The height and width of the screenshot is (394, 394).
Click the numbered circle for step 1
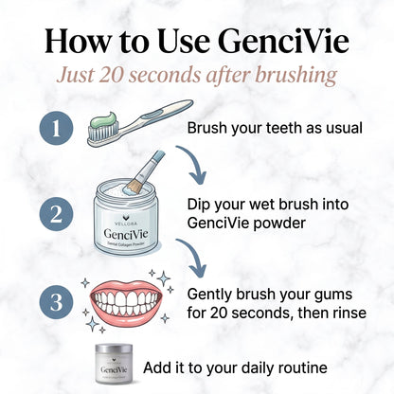click(56, 129)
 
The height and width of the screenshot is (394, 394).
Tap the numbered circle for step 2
click(56, 214)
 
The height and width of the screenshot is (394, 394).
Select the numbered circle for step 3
click(56, 302)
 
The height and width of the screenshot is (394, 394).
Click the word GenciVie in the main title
click(283, 42)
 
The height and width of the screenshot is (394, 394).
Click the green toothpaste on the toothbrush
click(104, 121)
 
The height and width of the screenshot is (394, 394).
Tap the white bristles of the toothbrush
click(103, 133)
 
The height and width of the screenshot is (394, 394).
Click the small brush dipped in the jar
click(144, 172)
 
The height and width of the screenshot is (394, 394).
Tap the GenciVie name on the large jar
click(126, 234)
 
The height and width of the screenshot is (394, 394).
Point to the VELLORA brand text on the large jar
click(126, 224)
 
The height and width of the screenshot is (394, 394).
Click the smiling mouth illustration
click(126, 300)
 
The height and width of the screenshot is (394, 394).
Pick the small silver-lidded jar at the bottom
click(114, 364)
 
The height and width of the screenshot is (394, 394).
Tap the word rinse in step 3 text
click(349, 313)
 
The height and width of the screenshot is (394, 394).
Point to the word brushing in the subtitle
click(295, 76)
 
